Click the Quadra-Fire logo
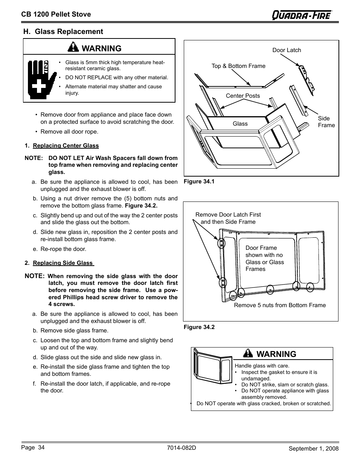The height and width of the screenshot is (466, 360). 302,14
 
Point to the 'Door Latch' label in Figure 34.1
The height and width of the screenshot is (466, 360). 286,50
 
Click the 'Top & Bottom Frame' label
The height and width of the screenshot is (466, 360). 238,66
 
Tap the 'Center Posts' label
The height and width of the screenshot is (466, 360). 243,96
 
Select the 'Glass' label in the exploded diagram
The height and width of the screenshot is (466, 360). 240,124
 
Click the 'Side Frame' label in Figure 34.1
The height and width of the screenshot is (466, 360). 326,122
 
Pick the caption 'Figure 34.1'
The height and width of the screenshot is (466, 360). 199,181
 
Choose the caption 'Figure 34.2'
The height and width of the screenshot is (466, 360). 199,327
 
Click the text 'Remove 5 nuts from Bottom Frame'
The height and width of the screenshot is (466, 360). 280,305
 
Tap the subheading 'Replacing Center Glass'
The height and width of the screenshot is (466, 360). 66,146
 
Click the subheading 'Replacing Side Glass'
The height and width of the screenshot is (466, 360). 63,263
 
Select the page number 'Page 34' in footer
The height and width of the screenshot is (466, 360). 32,448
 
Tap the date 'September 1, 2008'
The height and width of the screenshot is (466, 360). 314,449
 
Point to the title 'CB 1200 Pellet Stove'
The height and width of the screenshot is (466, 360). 56,14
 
